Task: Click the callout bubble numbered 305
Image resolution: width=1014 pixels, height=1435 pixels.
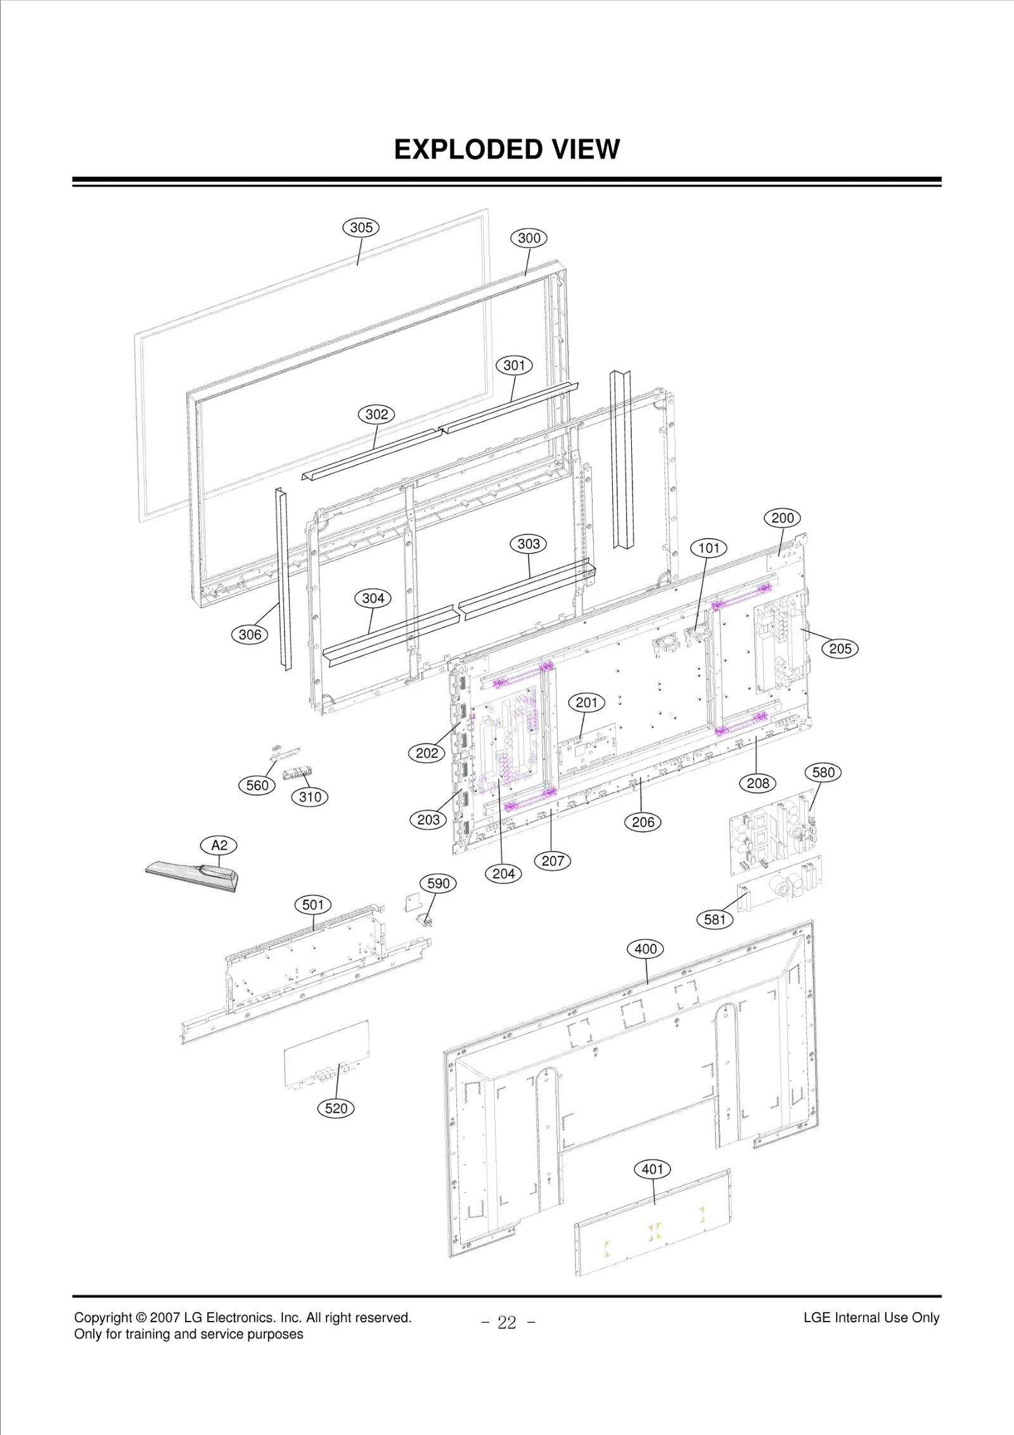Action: coord(361,228)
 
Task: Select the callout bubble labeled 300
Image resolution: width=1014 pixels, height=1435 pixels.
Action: coord(529,238)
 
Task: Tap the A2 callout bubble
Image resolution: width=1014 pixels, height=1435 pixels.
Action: coord(219,846)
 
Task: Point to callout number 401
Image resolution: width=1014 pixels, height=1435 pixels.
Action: coord(653,1169)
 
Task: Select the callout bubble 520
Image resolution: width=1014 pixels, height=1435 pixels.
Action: coord(336,1109)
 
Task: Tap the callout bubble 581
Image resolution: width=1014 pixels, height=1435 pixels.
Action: coord(715,920)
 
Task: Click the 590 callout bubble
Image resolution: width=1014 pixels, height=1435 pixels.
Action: coord(439,884)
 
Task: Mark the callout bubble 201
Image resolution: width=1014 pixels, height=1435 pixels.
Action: coord(587,703)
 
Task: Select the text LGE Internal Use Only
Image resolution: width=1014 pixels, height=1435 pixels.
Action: coord(871,1318)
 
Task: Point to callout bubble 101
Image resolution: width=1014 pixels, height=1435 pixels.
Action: coord(709,548)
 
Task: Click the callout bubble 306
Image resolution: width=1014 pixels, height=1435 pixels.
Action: coord(250,634)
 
